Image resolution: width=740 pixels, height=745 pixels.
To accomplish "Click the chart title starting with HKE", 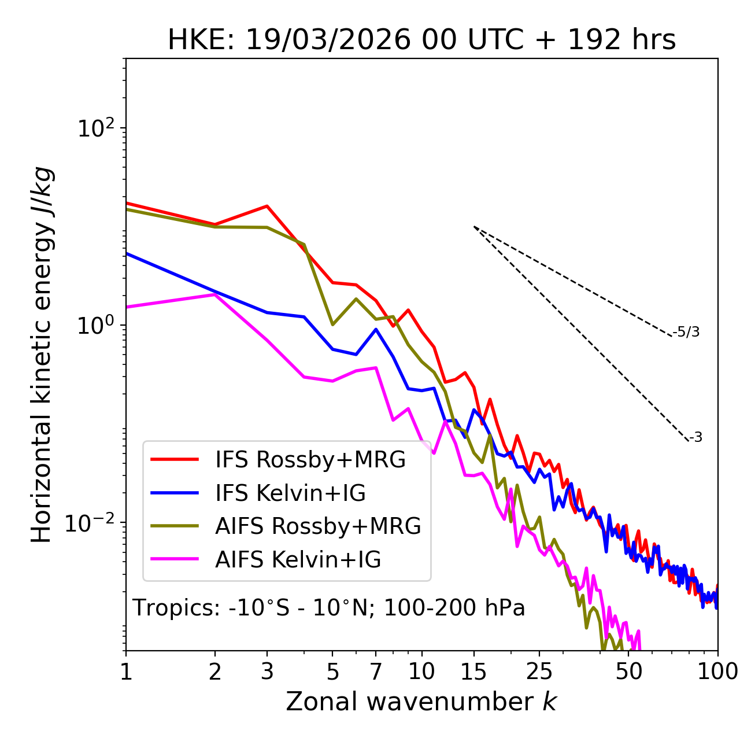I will [x=421, y=40].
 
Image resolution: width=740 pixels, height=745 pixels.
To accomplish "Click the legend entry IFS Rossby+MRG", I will [x=310, y=459].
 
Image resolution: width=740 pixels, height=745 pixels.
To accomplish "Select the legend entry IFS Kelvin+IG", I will [x=290, y=493].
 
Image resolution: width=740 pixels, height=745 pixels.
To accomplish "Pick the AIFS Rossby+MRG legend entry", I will [x=318, y=526].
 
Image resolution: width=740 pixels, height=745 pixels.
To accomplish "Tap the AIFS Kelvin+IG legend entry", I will [x=298, y=559].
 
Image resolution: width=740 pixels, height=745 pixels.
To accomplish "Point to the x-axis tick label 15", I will [x=474, y=672].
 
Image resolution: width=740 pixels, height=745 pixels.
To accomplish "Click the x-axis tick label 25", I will [x=539, y=672].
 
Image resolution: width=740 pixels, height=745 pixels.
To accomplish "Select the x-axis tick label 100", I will [x=717, y=672].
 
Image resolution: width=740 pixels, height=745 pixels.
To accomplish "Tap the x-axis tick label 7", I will [x=376, y=672].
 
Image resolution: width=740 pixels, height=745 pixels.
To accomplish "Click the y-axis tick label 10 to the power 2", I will [x=95, y=128].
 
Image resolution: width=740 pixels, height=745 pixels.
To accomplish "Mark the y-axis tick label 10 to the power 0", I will [x=95, y=326].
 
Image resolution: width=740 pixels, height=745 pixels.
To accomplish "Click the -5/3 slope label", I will [x=687, y=332].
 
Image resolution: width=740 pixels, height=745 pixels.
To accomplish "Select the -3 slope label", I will [x=696, y=438].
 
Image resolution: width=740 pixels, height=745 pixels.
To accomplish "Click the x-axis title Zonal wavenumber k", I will [x=421, y=702].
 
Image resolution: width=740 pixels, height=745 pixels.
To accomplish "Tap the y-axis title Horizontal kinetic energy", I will [x=42, y=355].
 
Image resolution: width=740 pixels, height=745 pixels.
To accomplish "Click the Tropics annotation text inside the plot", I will [x=329, y=608].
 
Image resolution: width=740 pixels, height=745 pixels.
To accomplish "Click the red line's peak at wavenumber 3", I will [x=267, y=206].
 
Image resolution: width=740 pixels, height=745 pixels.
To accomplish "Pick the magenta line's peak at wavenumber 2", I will [x=215, y=294].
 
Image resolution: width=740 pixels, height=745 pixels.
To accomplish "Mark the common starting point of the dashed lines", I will [x=474, y=227].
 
